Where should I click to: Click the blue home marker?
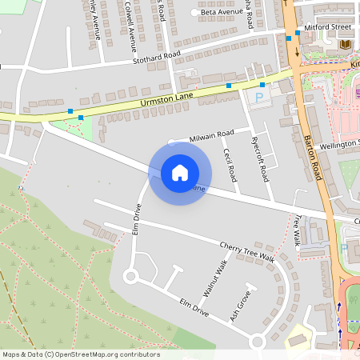[x=180, y=172]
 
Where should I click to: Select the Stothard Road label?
[x=157, y=58]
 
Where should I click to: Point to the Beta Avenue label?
[x=220, y=13]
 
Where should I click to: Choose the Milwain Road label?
[x=211, y=136]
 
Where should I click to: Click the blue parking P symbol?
[x=258, y=96]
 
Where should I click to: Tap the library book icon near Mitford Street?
[x=346, y=43]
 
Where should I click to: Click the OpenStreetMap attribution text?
[x=81, y=354]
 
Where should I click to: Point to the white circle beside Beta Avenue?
[x=194, y=14]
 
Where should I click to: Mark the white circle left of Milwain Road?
[x=171, y=142]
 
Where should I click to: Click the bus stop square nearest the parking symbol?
[x=262, y=84]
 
